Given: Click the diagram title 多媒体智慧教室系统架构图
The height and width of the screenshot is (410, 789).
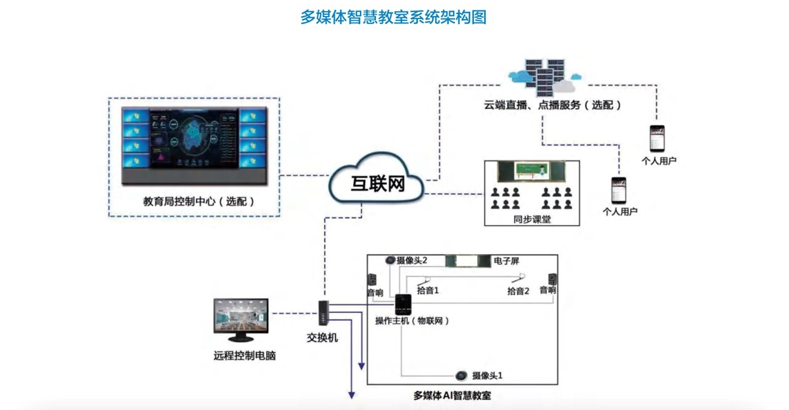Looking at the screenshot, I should (393, 17).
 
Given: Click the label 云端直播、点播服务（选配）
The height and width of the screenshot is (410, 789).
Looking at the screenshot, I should (552, 105).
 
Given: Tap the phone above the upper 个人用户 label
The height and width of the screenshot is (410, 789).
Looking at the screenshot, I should (658, 139).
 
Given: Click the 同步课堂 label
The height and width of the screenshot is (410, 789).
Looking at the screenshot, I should (531, 218).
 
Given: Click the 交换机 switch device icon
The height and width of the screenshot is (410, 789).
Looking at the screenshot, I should (323, 313).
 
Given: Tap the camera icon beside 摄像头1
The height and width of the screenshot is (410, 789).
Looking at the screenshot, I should (461, 375).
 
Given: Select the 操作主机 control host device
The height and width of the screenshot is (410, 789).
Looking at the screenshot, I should (403, 305).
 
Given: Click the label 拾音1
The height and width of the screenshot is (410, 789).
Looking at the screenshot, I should (427, 290).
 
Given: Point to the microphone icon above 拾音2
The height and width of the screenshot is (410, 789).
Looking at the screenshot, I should (521, 277).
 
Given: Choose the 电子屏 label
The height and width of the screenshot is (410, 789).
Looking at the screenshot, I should (506, 261).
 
